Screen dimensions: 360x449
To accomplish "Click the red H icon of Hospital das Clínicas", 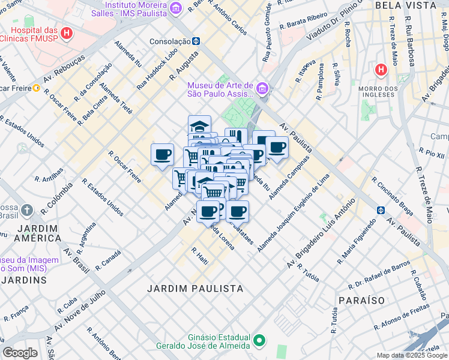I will point(67,32).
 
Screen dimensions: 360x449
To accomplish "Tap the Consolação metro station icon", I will point(196,41).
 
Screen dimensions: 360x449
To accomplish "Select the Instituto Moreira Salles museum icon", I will point(175,8).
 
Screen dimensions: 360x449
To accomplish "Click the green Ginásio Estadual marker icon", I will point(259,341).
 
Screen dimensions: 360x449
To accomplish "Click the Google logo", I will point(20,353).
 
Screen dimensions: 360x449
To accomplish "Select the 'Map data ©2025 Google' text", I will point(411,355).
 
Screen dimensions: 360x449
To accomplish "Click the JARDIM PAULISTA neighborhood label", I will point(196,289).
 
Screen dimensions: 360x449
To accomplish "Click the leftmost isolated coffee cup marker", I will point(162,155).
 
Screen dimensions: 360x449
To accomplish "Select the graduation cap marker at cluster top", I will point(199,127).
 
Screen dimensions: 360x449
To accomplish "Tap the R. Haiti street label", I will point(199,254).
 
